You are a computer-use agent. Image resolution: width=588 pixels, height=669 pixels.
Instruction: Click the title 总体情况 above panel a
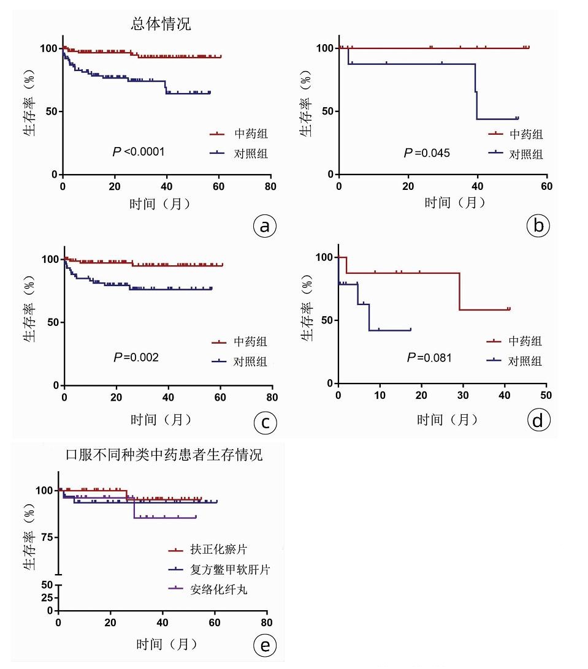pos(161,24)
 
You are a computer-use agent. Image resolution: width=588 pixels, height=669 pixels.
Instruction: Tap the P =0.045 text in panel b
pos(427,153)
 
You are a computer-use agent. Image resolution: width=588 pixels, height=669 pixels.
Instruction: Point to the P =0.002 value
pos(136,357)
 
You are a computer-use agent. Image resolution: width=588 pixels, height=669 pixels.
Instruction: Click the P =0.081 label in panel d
pos(429,357)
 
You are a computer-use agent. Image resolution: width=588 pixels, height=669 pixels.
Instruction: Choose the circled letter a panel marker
pos(265,227)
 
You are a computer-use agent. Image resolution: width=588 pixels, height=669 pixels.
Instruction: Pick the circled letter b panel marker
pos(538,227)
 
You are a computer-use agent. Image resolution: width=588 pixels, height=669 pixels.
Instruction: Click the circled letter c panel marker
pos(265,423)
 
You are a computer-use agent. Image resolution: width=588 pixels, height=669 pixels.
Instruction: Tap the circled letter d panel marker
pos(538,421)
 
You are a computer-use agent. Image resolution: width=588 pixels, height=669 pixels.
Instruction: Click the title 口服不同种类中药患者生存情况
pos(164,455)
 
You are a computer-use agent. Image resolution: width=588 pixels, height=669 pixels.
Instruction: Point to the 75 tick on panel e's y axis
pos(47,537)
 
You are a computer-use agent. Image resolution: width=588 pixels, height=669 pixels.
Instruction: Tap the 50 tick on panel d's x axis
pos(546,396)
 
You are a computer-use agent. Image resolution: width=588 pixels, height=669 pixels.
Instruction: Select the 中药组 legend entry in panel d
pos(525,341)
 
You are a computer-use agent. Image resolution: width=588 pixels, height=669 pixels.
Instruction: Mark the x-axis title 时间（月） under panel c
pos(161,420)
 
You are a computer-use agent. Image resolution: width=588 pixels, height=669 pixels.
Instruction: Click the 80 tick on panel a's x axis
pos(270,187)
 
